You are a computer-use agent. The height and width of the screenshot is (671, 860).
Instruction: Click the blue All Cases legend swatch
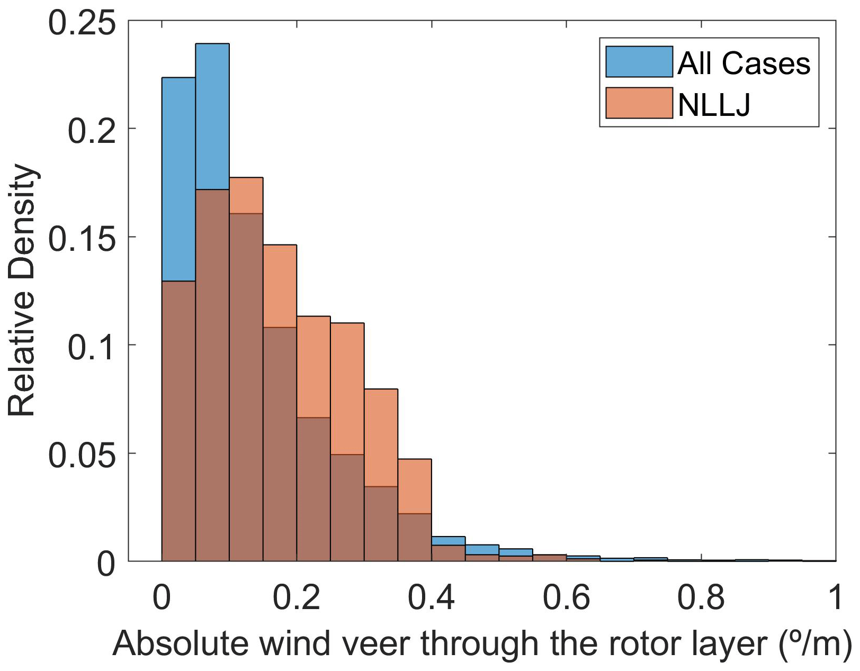pyautogui.click(x=639, y=62)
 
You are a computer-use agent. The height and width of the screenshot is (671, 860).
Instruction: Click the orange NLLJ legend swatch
pyautogui.click(x=639, y=103)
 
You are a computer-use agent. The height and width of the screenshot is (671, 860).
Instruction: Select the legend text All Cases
pyautogui.click(x=743, y=64)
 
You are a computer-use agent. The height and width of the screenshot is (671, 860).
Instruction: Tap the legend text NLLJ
pyautogui.click(x=714, y=104)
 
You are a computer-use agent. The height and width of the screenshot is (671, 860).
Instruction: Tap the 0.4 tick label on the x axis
pyautogui.click(x=431, y=597)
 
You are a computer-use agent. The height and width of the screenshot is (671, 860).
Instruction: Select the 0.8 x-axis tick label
pyautogui.click(x=701, y=597)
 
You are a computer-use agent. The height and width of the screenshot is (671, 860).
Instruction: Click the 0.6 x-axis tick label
pyautogui.click(x=566, y=597)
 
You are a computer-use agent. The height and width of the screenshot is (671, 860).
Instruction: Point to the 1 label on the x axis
pyautogui.click(x=835, y=597)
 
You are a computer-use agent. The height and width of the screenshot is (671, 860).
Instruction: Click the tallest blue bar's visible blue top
pyautogui.click(x=212, y=116)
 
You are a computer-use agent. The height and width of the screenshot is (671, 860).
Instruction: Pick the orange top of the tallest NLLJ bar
pyautogui.click(x=246, y=195)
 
